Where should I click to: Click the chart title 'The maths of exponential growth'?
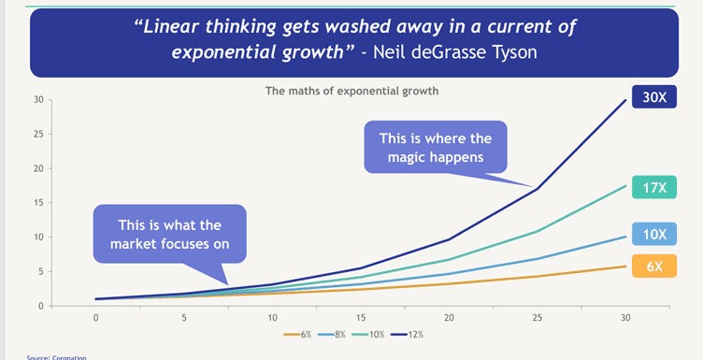[351, 91]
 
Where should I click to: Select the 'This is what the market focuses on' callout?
[169, 234]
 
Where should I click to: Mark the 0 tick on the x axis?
[95, 318]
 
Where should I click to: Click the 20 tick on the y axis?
[38, 168]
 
